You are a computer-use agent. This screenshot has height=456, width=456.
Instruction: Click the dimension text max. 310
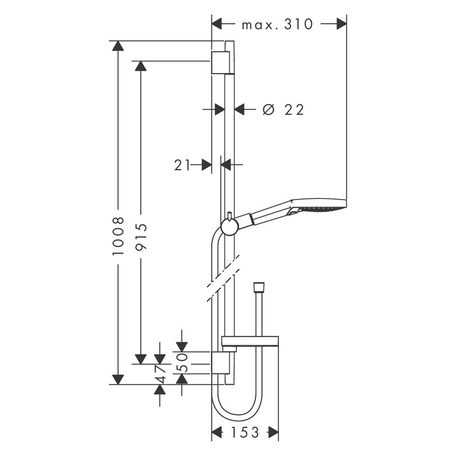pyautogui.click(x=277, y=24)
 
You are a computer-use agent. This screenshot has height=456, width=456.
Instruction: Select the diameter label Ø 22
pyautogui.click(x=283, y=110)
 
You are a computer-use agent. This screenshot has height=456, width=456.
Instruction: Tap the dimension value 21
pyautogui.click(x=182, y=165)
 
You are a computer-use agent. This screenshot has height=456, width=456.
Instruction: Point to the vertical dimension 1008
pyautogui.click(x=119, y=236)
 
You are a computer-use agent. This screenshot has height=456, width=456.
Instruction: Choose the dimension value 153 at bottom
pyautogui.click(x=245, y=432)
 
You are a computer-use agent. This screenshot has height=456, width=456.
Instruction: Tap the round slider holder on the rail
pyautogui.click(x=230, y=227)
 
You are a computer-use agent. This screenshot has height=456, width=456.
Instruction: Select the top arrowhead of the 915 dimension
pyautogui.click(x=141, y=66)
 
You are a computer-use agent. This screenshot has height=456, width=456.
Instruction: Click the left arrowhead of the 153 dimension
pyautogui.click(x=217, y=432)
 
